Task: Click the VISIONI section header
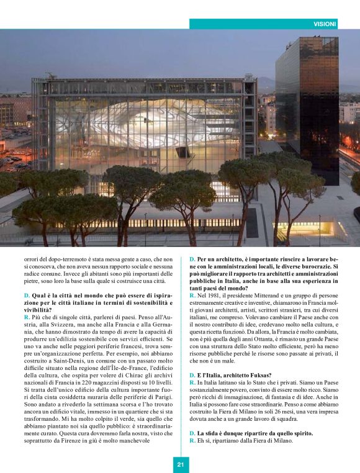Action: click(325, 24)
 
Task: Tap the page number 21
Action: click(180, 464)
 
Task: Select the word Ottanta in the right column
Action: click(269, 341)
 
